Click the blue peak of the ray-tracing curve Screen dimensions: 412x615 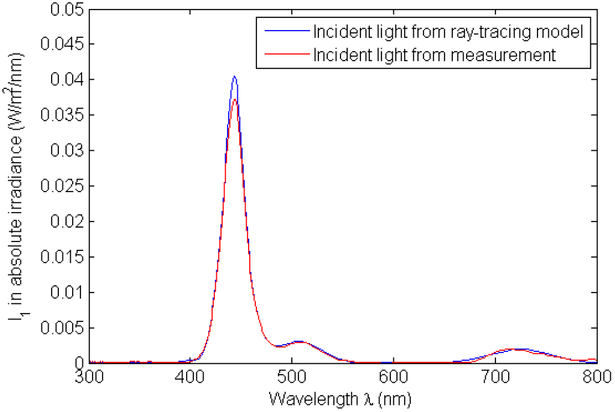coord(234,76)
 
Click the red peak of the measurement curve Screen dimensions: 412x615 coord(235,100)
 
